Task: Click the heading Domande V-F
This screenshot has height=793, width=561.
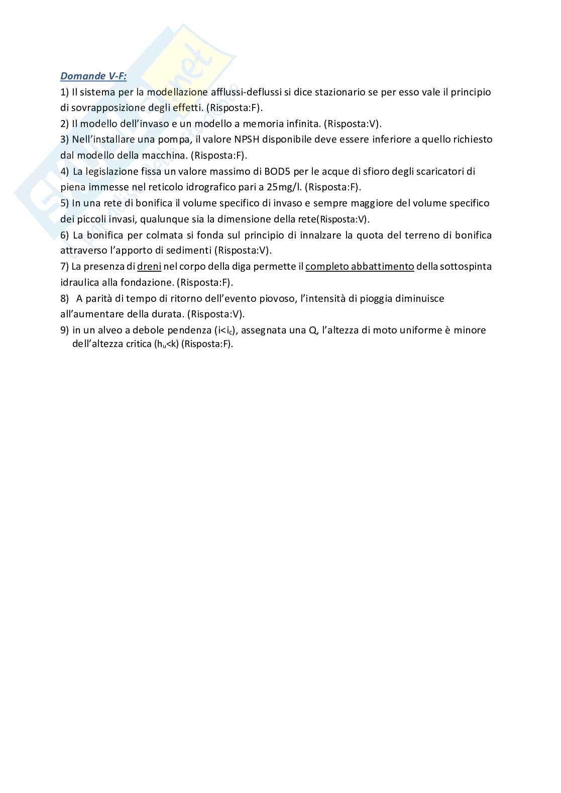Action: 93,76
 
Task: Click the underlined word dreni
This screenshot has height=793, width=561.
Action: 149,267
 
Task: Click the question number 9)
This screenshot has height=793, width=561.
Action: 64,330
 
